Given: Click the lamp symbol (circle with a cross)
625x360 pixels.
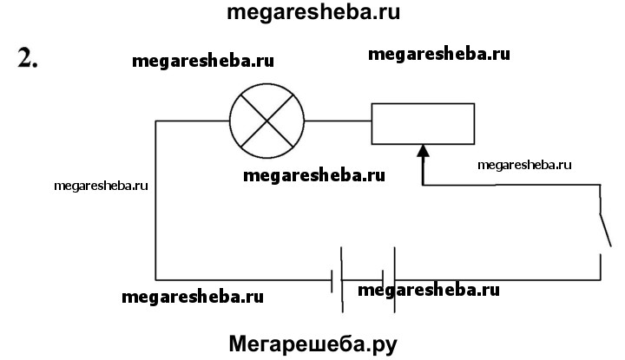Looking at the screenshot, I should coord(266,121).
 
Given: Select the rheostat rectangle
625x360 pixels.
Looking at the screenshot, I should coord(423,123).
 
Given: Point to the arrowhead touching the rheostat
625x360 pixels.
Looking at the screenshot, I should coord(424,153).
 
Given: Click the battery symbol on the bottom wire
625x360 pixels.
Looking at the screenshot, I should coord(365,279).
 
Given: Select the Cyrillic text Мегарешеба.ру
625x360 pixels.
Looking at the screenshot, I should coord(312,343).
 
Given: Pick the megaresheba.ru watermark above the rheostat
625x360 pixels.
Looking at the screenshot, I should coord(438,54).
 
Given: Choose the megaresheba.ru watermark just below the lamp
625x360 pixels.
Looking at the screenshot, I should coord(313,174).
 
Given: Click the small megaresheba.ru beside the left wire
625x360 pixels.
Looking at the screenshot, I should coord(101,185).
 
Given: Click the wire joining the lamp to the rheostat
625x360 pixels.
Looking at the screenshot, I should coord(339,121).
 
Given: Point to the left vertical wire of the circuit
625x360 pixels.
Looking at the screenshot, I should coord(155,200).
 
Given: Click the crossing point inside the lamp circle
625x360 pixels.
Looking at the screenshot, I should coord(266,121).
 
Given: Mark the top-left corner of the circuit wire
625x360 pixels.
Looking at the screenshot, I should coord(156,121).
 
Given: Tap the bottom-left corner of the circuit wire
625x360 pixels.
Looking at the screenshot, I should coord(156,279).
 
